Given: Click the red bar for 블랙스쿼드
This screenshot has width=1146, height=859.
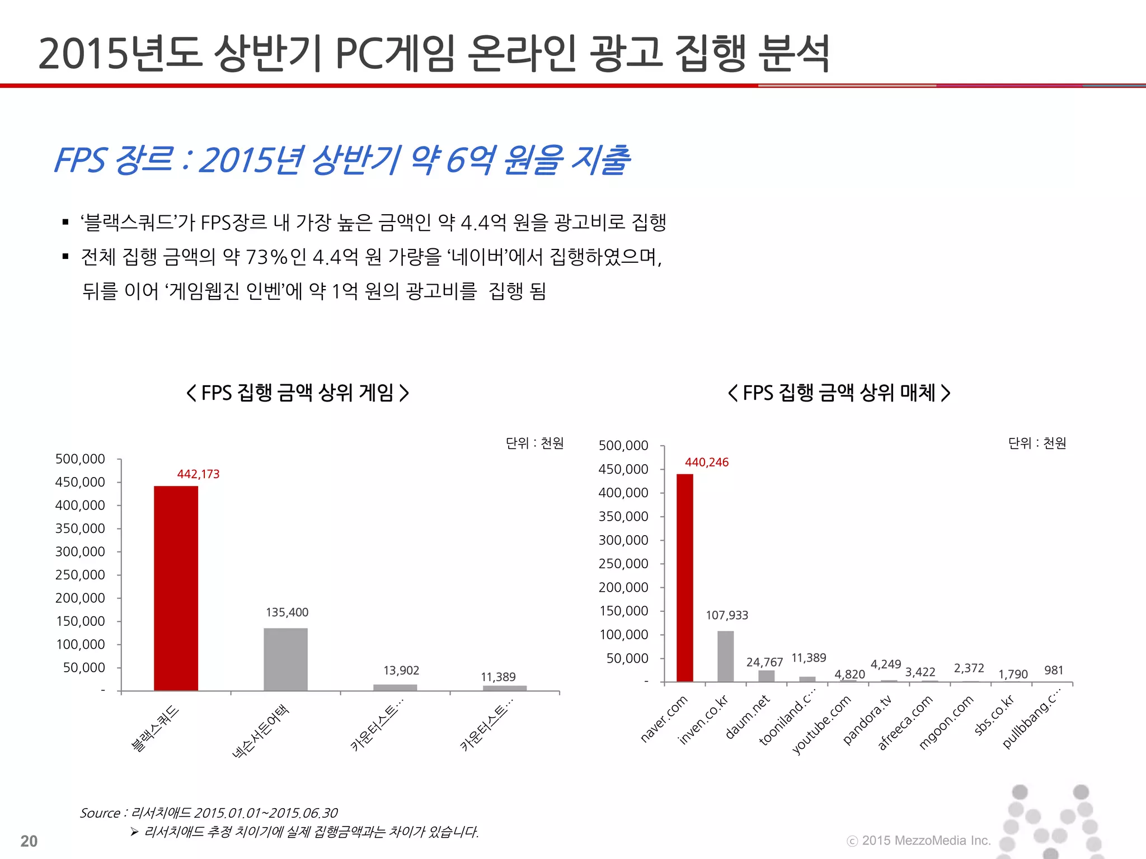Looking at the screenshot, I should pos(176,587).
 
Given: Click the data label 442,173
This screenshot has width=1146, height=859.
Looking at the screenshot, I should pos(198,474).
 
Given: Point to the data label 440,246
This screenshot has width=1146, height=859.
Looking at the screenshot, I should pos(707,462).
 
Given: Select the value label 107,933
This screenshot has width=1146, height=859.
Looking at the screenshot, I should pos(726,615).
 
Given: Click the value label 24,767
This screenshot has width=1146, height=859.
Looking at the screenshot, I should pos(764,662).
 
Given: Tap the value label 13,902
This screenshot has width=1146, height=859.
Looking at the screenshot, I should pos(401,670).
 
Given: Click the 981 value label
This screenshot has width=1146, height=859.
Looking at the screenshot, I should pos(1053,670).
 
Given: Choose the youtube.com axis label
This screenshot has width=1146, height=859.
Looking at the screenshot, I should pos(821,724).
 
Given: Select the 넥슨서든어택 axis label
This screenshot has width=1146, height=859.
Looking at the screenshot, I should pos(261,731).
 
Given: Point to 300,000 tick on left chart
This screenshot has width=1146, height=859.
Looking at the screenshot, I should pos(80,551).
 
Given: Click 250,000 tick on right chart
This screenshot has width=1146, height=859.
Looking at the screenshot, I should pos(623,564).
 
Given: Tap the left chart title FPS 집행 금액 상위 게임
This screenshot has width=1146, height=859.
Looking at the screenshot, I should pos(297,393).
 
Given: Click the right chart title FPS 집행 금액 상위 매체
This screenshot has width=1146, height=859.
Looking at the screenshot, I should pos(839,393).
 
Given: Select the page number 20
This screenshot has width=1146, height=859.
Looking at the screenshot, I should pos(29,841).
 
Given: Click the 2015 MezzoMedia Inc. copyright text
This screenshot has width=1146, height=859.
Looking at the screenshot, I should pos(919,841).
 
